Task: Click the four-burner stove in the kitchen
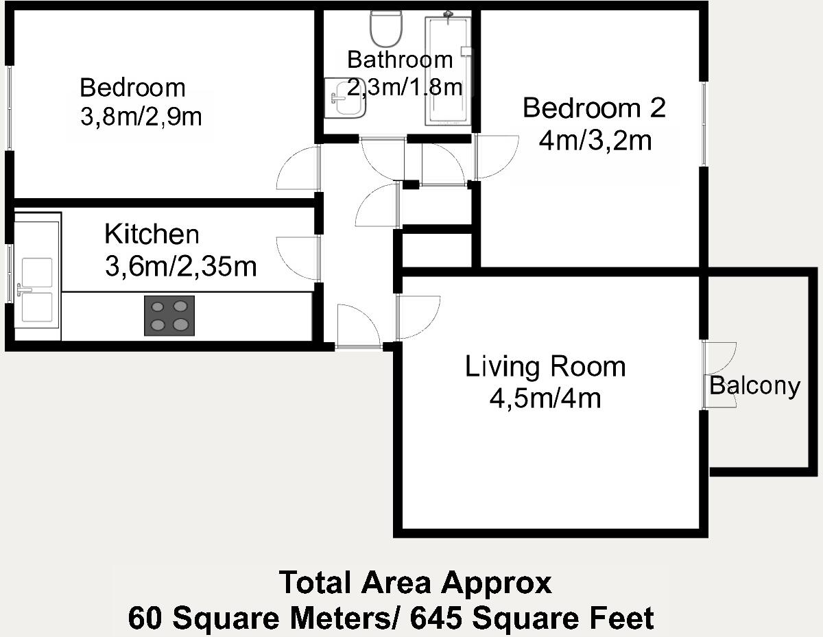(x=169, y=315)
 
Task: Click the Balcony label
(x=754, y=386)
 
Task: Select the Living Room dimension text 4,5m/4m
(x=545, y=398)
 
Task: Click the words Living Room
(x=545, y=366)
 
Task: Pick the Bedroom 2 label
(x=594, y=108)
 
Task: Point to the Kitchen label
(x=152, y=234)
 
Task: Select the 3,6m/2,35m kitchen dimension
(x=180, y=266)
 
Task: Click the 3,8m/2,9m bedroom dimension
(x=141, y=117)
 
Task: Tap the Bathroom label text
(x=400, y=60)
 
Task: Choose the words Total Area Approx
(x=415, y=584)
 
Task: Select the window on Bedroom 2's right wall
(x=703, y=123)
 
